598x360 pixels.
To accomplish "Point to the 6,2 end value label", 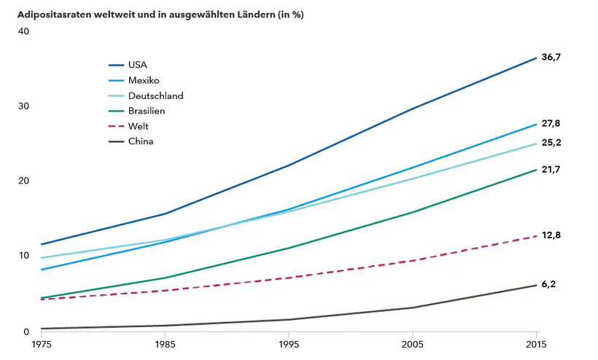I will [548, 283].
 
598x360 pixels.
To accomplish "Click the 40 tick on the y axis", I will [23, 31].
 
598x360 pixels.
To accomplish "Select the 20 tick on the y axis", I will [23, 181].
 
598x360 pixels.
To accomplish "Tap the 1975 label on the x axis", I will [45, 344].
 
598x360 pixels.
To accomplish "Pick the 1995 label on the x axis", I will [289, 344].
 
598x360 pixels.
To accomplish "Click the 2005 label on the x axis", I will [413, 344].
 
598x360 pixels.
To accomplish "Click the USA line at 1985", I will [166, 214].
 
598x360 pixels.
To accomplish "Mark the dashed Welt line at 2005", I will [413, 260].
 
